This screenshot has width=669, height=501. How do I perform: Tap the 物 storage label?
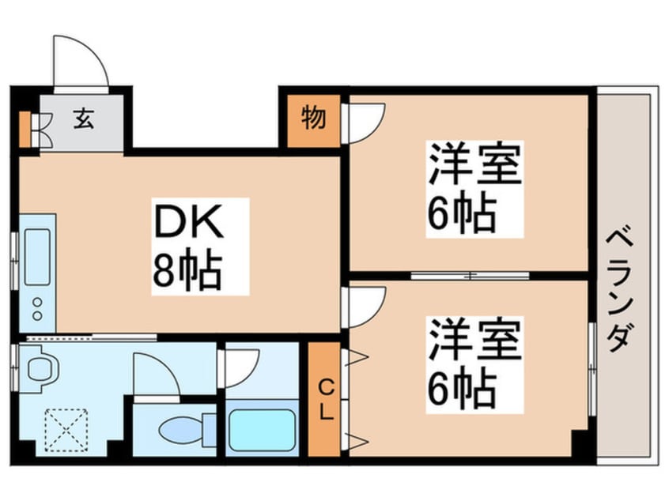pyautogui.click(x=312, y=119)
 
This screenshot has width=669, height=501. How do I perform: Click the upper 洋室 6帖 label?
pyautogui.click(x=474, y=186)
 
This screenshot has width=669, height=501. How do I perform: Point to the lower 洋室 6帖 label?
pyautogui.click(x=474, y=362)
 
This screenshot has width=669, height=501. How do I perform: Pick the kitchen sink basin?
pyautogui.click(x=37, y=257)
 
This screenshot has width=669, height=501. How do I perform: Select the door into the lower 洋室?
pyautogui.click(x=365, y=305)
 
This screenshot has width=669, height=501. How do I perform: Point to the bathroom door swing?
pyautogui.click(x=241, y=366)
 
